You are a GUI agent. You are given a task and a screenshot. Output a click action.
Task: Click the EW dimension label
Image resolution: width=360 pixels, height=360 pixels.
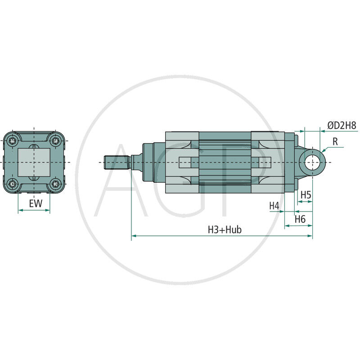(36, 203)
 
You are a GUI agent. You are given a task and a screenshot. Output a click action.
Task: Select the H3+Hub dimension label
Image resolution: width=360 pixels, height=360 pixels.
(225, 229)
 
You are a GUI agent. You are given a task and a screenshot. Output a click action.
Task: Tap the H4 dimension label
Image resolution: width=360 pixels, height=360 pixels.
(274, 206)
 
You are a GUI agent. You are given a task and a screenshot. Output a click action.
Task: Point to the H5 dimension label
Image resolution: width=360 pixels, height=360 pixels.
(306, 194)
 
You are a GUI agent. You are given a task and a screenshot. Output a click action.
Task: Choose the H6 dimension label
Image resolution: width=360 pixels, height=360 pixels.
(300, 219)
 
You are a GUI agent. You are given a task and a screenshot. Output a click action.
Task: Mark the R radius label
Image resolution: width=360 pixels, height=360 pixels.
(335, 140)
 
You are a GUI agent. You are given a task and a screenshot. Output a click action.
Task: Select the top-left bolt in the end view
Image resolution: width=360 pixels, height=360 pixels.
(14, 140)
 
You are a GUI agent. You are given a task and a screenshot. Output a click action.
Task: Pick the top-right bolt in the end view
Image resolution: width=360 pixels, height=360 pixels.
(56, 140)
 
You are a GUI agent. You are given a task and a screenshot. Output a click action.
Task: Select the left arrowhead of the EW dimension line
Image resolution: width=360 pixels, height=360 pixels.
(20, 210)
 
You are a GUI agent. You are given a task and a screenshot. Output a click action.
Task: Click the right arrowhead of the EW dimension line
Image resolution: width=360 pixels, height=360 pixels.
(48, 210)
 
